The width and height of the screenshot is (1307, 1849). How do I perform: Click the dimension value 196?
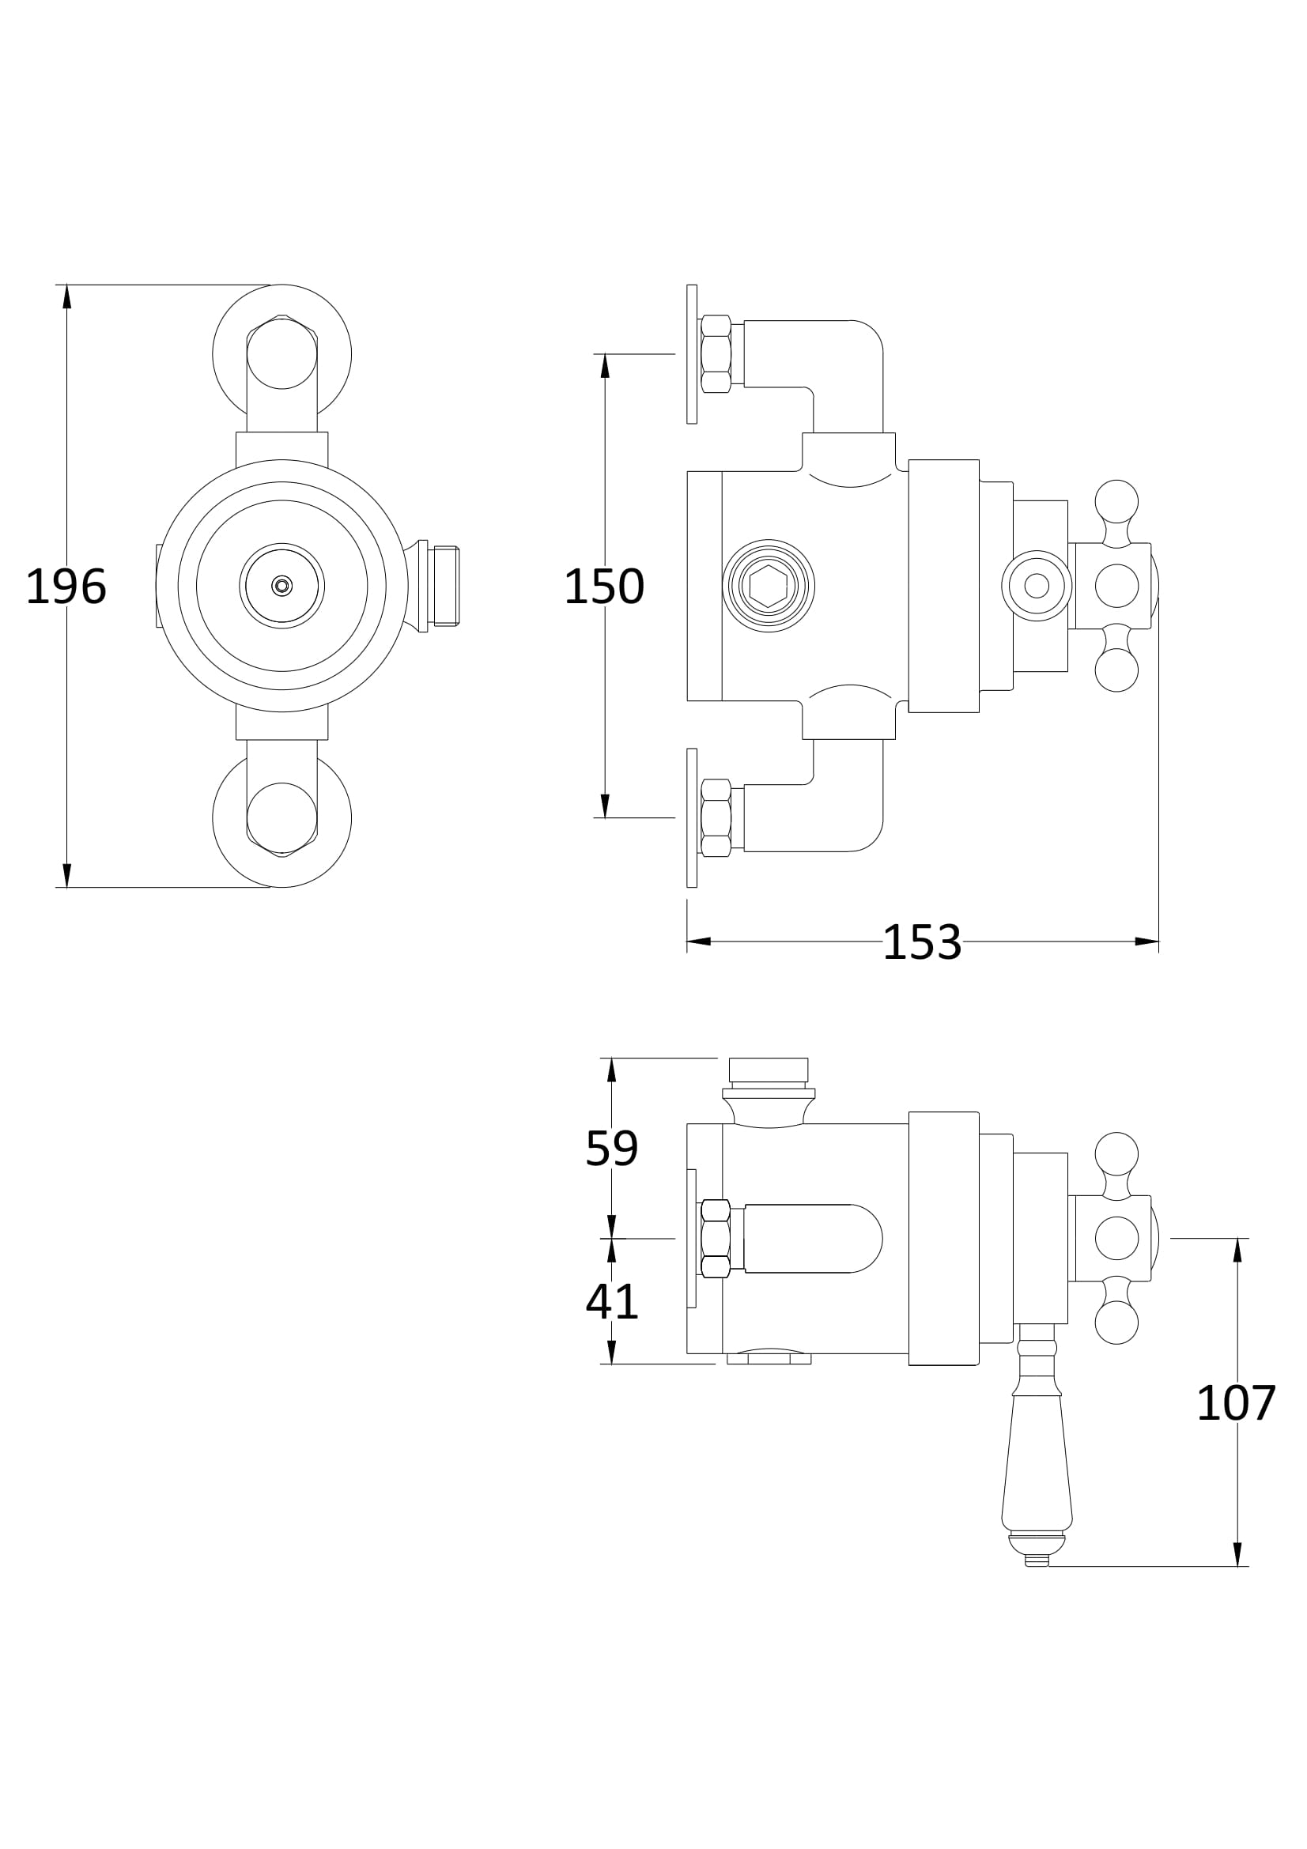66,587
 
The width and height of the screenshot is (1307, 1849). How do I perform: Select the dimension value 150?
604,587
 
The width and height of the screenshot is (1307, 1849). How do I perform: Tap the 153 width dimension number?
922,942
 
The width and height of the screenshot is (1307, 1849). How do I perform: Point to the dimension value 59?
611,1149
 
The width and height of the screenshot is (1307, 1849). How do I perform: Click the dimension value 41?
611,1301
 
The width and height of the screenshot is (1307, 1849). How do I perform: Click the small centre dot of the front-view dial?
281,586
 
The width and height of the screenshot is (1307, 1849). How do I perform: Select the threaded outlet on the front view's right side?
445,586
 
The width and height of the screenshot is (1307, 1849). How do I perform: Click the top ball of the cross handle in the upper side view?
1117,501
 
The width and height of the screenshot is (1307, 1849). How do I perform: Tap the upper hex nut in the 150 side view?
716,353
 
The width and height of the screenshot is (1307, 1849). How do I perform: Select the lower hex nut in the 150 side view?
716,817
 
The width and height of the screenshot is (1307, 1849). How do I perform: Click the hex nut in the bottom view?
716,1239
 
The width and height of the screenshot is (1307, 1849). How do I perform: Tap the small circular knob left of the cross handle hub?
1037,586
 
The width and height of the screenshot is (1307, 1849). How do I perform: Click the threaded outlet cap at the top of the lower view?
769,1070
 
